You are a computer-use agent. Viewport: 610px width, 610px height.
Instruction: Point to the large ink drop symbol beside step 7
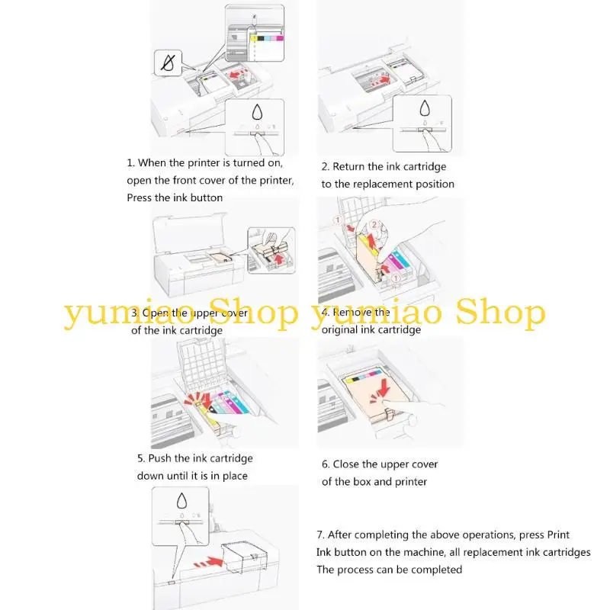(181, 500)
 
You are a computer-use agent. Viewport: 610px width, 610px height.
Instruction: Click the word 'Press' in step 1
(140, 197)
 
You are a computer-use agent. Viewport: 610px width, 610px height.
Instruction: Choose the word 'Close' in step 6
(348, 464)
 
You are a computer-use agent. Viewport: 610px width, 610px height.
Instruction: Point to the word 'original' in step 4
(340, 330)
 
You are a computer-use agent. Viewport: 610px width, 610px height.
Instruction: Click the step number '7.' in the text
(321, 535)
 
